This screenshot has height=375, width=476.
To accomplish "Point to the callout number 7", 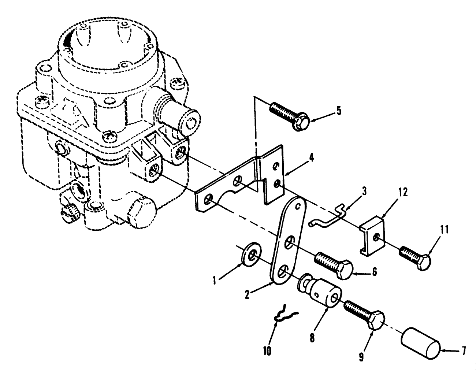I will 464,351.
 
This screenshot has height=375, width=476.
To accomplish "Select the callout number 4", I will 310,159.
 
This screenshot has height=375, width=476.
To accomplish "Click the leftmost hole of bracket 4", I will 209,199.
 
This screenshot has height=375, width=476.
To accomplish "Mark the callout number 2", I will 247,294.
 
